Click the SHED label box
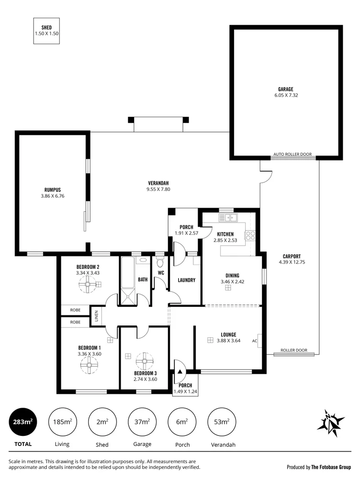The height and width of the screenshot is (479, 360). coord(46,31)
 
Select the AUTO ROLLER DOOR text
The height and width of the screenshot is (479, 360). coord(292,155)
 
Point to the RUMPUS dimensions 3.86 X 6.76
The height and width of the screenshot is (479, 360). coord(53,196)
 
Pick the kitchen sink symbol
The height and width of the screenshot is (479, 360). coord(229,218)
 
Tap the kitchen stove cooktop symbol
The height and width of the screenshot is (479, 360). coord(250,235)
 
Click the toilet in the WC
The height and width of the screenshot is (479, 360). coord(160,263)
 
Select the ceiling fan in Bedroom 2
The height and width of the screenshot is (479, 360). coord(88,285)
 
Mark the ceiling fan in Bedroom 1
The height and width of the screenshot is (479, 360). coord(89,366)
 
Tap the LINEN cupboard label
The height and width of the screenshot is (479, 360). coord(96,316)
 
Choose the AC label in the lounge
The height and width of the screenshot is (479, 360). coord(255,341)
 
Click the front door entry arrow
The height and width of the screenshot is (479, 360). coord(180,370)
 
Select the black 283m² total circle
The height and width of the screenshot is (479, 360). coord(22,422)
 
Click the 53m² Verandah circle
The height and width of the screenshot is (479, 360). coord(222,422)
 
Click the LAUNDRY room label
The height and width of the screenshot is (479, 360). coord(186,280)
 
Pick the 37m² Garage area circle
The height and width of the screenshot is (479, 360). coord(142,422)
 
